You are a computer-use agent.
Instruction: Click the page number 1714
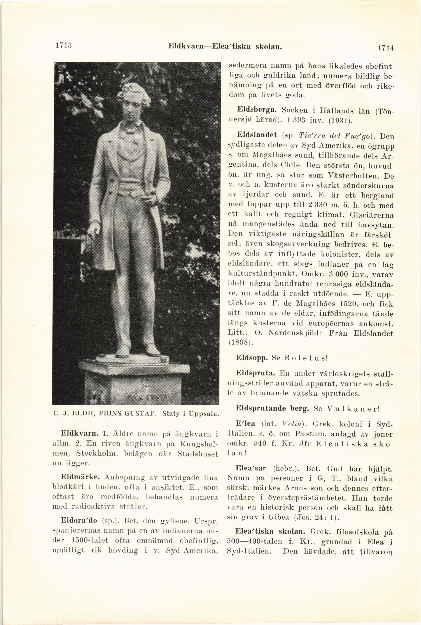[386, 48]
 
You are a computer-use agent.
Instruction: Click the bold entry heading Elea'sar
[250, 468]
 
